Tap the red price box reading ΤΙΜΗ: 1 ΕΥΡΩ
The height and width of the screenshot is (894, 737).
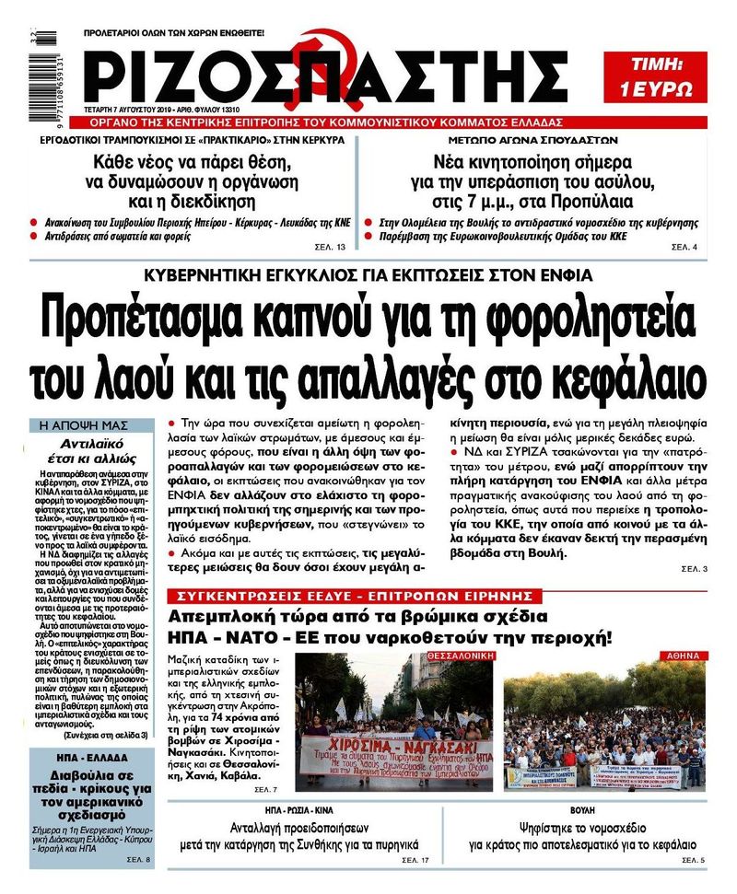[x=655, y=76]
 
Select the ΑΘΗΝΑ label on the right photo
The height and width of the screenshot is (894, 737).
[x=681, y=655]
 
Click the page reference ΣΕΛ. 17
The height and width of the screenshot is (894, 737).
[x=415, y=860]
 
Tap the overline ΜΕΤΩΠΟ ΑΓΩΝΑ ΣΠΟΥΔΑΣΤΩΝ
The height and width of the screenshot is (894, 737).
[x=527, y=141]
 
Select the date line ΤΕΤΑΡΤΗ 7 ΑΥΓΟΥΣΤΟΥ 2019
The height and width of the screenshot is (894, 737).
[x=147, y=107]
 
